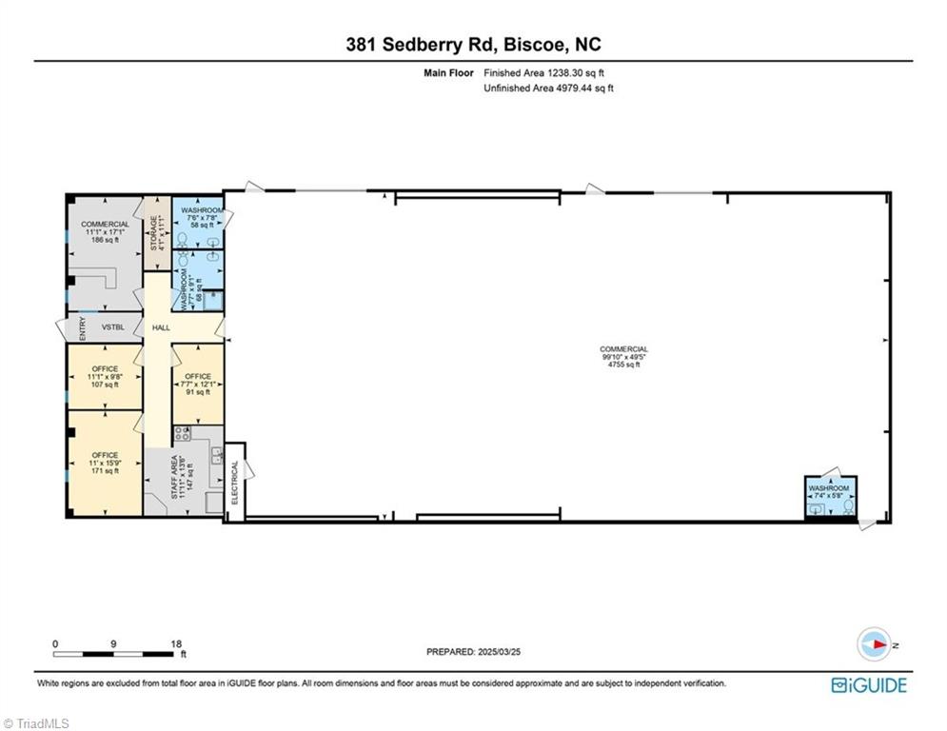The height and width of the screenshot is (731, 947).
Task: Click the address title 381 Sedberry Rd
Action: coord(472,45)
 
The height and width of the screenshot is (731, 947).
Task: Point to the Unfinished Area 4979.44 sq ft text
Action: coord(548,89)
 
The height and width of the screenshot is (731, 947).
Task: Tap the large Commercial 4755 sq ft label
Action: coord(623,357)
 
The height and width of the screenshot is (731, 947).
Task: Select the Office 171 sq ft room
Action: coord(105,464)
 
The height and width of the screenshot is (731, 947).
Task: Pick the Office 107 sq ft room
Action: coord(105,377)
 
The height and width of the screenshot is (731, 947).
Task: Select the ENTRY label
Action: coord(82,328)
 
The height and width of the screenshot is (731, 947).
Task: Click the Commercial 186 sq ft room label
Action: coord(105,232)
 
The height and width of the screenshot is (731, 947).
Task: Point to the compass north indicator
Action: coord(873,643)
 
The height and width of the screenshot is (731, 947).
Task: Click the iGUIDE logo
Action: coord(868,684)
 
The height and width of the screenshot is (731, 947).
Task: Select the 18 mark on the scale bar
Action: coord(175,643)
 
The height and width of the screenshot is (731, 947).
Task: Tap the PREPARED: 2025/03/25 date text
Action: coord(473,652)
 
